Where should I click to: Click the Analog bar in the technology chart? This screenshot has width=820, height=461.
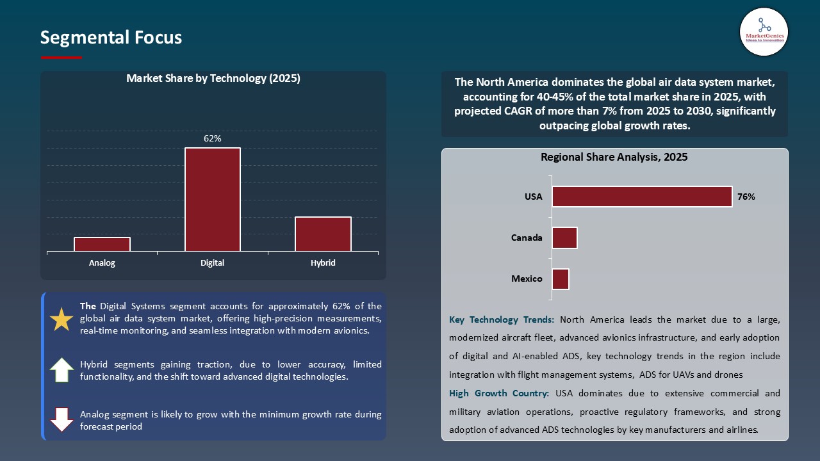(102, 244)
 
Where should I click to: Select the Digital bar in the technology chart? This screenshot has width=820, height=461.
(213, 199)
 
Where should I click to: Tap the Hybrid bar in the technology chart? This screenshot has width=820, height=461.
(323, 234)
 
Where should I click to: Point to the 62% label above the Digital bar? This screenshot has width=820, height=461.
(213, 138)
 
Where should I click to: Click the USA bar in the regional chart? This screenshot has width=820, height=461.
(642, 197)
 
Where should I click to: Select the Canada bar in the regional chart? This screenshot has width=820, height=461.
(564, 238)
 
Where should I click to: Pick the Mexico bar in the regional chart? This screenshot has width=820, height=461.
(561, 279)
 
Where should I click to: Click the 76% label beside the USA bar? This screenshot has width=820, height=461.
(746, 197)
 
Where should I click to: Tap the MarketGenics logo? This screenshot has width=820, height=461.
(764, 31)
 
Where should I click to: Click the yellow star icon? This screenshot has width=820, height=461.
(61, 319)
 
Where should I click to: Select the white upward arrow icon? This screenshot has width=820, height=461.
(61, 370)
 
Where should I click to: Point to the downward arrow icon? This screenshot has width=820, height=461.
(61, 419)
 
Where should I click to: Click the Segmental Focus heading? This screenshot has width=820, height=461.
(111, 38)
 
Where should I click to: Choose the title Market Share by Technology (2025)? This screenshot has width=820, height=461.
(213, 78)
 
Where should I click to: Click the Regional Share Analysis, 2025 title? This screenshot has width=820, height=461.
(614, 157)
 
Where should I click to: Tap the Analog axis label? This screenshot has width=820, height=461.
(102, 263)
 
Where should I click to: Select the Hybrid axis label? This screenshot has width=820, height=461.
(323, 263)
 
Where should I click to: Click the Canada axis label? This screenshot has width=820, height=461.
(527, 238)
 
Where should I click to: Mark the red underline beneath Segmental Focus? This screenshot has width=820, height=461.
(61, 58)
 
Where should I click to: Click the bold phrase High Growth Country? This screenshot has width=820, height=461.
(500, 393)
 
